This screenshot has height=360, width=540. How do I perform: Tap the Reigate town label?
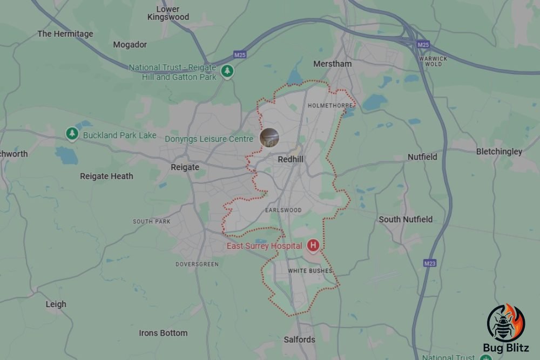185,167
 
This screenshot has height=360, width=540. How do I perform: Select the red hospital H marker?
313,246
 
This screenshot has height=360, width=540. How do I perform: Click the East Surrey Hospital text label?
264,246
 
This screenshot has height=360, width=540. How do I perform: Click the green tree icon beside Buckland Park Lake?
72,133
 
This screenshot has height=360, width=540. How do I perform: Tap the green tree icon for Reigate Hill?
227,71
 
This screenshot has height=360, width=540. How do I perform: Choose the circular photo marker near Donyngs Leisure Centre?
269,138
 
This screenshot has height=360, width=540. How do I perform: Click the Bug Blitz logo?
505,329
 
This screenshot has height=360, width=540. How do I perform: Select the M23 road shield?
430,263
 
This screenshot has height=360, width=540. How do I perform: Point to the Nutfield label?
422,157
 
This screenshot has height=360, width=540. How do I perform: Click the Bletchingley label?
499,152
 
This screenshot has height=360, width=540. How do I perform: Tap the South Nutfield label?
406,219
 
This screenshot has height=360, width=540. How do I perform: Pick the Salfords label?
299,339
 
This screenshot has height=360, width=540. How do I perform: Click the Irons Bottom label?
163,333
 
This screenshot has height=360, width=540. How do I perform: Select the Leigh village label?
56,304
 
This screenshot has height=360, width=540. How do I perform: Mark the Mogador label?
130,45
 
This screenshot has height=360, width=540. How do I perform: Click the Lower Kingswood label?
168,13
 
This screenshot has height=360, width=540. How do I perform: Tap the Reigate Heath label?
106,176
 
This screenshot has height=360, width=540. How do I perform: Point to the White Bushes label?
310,270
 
